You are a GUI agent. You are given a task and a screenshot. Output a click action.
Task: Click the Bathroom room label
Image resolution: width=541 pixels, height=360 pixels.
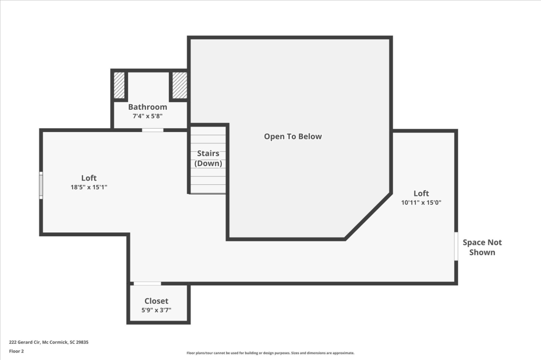click(147, 107)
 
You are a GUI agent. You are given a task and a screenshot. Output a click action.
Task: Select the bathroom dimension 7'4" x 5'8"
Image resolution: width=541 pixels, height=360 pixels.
click(147, 116)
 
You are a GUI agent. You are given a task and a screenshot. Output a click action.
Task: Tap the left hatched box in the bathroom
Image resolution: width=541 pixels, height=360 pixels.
click(119, 85)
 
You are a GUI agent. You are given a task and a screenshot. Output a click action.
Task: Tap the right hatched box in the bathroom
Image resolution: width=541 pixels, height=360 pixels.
click(180, 85)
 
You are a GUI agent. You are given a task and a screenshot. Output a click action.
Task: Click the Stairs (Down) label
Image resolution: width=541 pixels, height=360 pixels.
click(208, 158)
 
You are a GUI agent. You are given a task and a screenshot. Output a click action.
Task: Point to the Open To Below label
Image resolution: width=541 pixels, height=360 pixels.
click(293, 137)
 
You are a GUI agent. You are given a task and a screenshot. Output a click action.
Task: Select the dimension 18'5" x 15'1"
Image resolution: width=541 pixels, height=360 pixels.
click(89, 187)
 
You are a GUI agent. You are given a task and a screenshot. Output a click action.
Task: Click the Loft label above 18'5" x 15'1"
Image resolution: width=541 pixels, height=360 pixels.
click(89, 178)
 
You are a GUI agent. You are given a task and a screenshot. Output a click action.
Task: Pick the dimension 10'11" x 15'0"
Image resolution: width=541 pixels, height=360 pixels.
click(421, 203)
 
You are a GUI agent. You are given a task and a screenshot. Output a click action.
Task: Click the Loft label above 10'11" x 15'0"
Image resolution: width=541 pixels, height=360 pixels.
click(421, 194)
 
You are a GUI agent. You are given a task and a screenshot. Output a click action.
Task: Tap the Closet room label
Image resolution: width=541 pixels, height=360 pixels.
click(156, 301)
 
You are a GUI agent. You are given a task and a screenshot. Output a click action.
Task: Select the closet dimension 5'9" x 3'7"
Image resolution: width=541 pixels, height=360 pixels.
click(156, 310)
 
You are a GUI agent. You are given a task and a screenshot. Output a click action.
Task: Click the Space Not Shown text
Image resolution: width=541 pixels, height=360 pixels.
click(481, 248)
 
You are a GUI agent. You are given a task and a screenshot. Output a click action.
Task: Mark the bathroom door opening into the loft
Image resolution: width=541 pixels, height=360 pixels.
click(153, 130)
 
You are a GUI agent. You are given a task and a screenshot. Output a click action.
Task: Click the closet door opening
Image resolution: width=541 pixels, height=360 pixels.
click(147, 283)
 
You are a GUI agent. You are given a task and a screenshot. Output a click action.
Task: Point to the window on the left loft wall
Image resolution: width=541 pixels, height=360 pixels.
click(41, 185)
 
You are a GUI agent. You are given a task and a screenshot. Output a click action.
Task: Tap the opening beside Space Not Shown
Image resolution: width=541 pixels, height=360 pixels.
click(456, 246)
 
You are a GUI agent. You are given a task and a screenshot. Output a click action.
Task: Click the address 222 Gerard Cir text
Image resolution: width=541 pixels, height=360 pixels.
click(49, 342)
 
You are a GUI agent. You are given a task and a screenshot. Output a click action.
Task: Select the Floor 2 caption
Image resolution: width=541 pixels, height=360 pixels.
click(17, 351)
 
